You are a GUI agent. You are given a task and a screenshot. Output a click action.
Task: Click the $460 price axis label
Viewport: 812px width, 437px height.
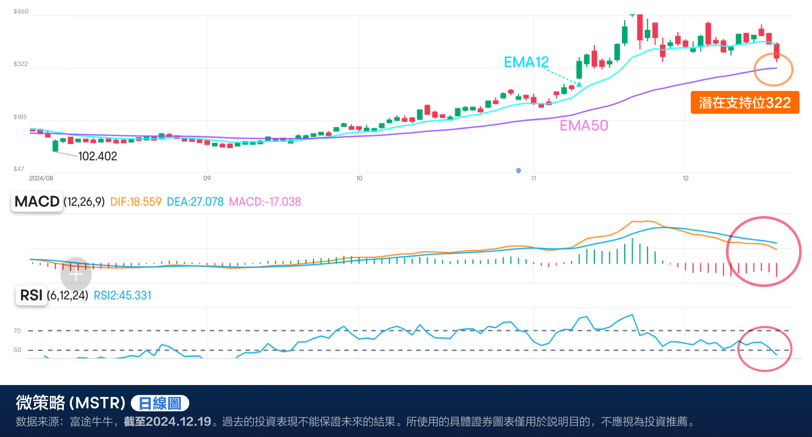[21, 11]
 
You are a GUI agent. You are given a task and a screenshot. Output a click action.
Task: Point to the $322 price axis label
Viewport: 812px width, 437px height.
[21, 64]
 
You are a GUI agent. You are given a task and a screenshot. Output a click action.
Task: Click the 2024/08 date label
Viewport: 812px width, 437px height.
[41, 178]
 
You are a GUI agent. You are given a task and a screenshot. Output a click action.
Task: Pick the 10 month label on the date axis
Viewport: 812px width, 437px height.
[359, 178]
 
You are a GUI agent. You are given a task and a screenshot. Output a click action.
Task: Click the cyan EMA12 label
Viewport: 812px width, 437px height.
[526, 62]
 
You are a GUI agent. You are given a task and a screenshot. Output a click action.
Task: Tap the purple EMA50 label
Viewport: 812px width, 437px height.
[584, 126]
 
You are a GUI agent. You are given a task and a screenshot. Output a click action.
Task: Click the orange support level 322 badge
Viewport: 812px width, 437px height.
[745, 103]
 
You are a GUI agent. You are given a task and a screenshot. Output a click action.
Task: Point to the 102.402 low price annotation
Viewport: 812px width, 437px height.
[97, 156]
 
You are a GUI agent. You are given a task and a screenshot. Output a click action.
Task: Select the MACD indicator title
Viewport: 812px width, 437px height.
[37, 202]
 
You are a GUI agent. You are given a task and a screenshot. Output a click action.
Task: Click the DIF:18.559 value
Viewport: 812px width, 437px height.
[136, 202]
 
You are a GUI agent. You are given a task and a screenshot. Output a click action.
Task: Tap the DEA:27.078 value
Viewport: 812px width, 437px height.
[195, 202]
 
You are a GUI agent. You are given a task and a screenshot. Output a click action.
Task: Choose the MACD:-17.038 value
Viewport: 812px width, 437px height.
[265, 202]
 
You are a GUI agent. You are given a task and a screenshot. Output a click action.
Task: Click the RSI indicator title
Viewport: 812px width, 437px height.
[31, 296]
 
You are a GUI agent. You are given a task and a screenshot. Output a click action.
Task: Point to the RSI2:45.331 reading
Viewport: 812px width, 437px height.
[122, 296]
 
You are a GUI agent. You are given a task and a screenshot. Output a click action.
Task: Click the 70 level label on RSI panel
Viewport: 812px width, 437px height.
[17, 331]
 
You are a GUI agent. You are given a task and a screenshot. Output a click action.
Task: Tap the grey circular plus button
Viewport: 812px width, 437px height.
[76, 275]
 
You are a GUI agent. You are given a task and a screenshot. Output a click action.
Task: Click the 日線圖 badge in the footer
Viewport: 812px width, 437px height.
[160, 403]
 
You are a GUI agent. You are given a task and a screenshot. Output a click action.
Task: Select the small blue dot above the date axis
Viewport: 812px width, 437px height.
[519, 171]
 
